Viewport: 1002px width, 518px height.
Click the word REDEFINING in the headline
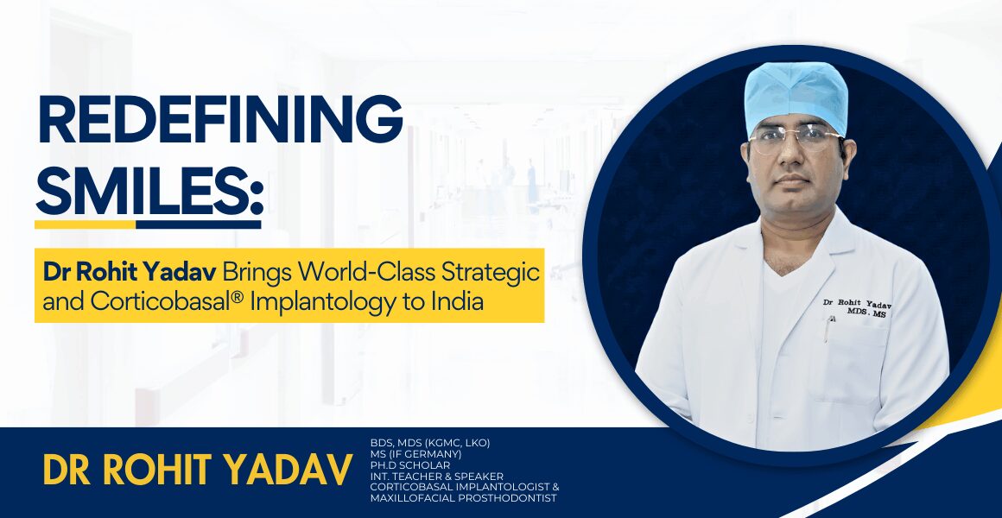click(219, 119)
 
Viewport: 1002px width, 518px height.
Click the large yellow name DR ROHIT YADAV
click(198, 470)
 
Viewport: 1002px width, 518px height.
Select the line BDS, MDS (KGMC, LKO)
click(430, 442)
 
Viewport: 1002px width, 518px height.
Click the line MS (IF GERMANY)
click(415, 453)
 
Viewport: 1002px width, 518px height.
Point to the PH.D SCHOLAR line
click(410, 465)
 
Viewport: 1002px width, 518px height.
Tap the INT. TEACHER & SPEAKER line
click(436, 476)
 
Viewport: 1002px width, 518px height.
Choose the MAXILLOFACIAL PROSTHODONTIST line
click(463, 498)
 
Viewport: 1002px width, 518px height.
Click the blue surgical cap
click(796, 96)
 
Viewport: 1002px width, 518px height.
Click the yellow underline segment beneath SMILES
click(85, 224)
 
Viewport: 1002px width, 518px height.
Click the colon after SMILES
click(257, 198)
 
